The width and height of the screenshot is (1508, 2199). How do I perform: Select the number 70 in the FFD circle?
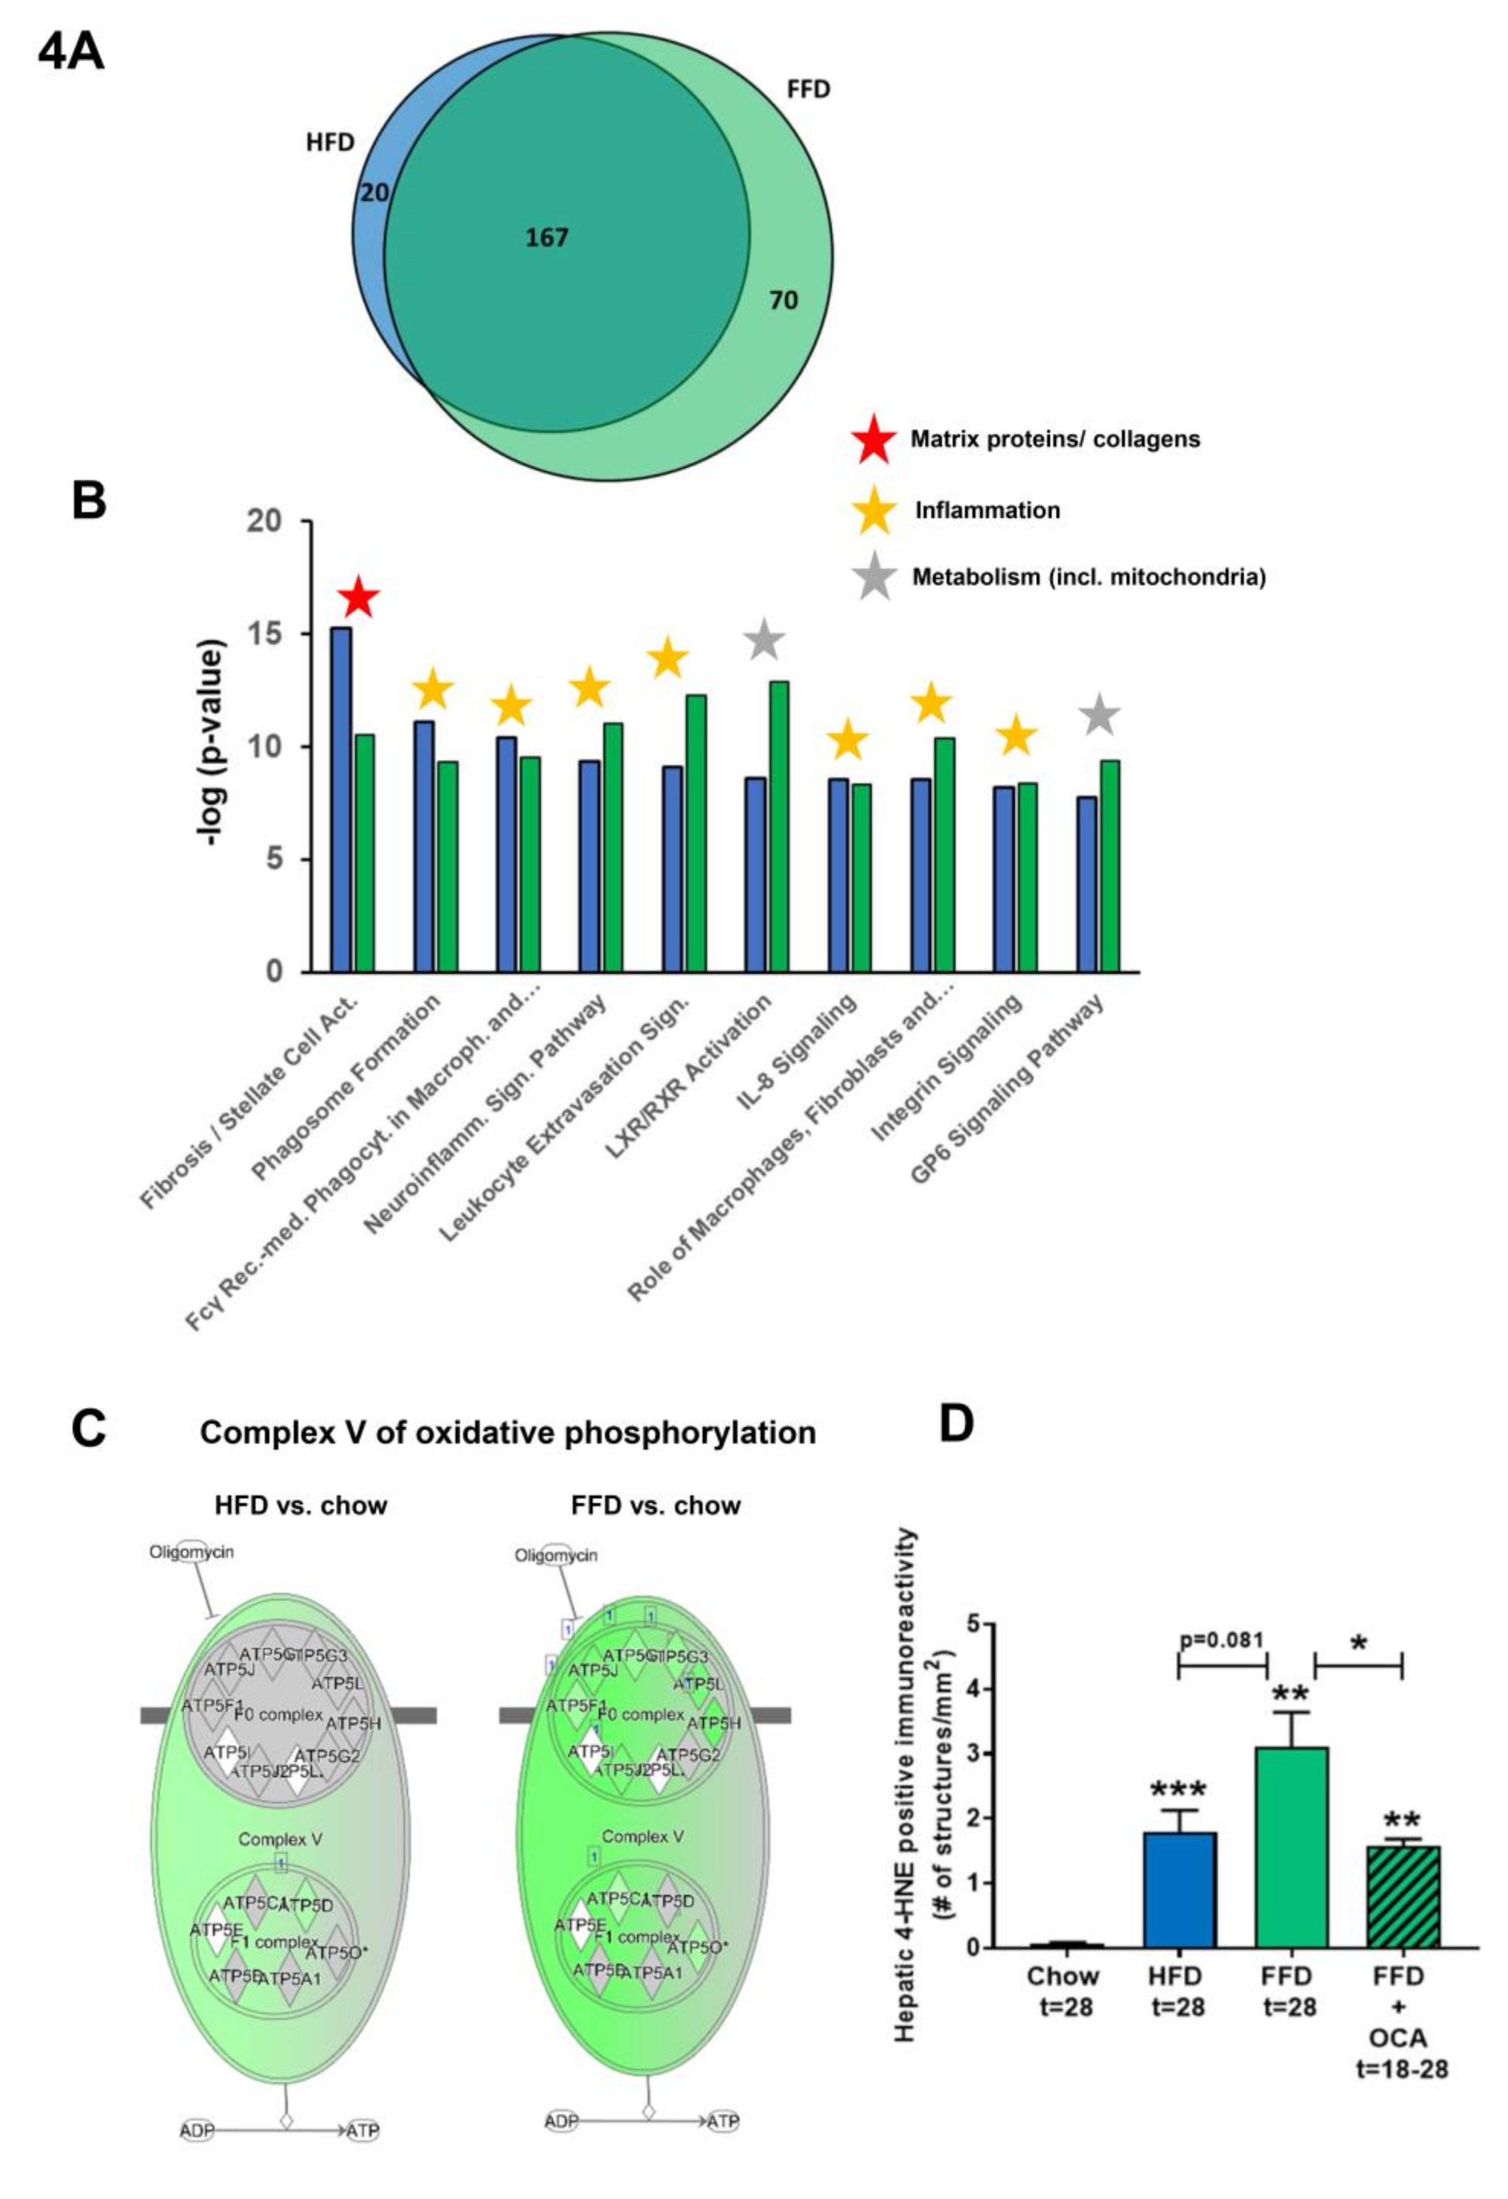click(783, 301)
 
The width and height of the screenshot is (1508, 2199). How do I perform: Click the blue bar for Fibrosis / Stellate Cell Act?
click(340, 800)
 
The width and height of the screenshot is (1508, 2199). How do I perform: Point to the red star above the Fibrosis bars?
click(360, 598)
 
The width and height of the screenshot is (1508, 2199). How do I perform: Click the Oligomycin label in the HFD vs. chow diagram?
click(191, 1552)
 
